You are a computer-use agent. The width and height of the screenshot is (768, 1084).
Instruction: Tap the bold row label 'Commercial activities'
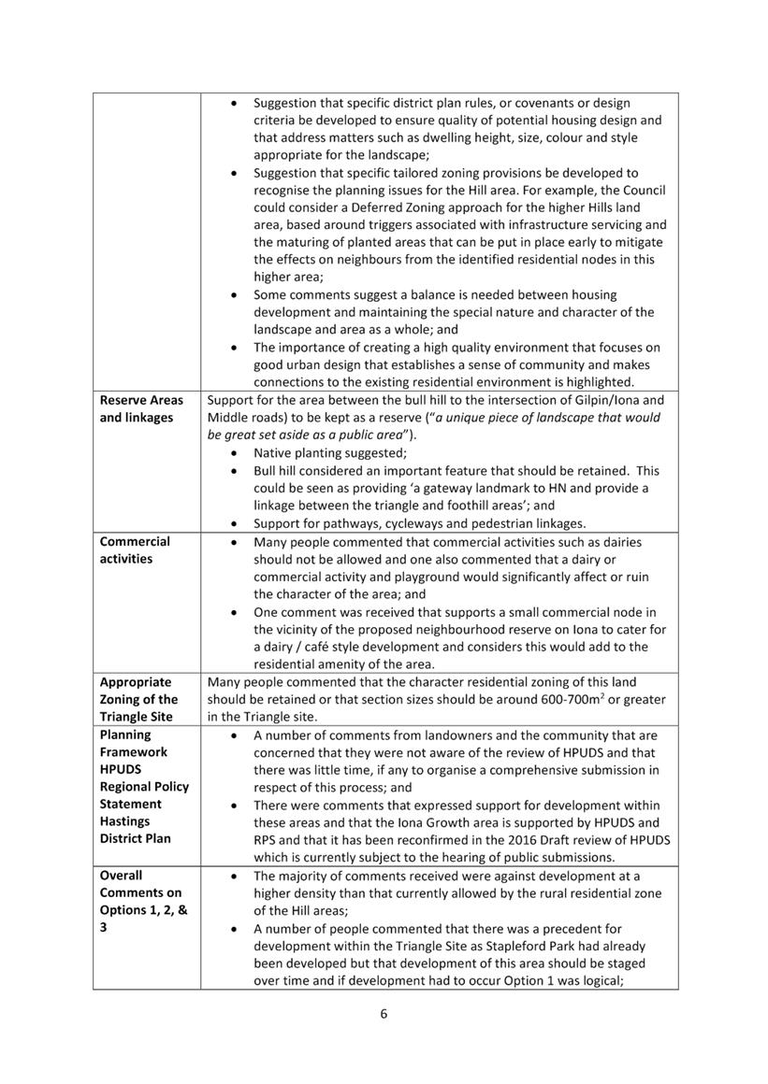point(135,550)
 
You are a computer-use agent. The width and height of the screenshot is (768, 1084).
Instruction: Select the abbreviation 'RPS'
point(267,840)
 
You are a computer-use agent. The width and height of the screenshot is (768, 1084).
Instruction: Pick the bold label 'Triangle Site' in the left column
point(137,717)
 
